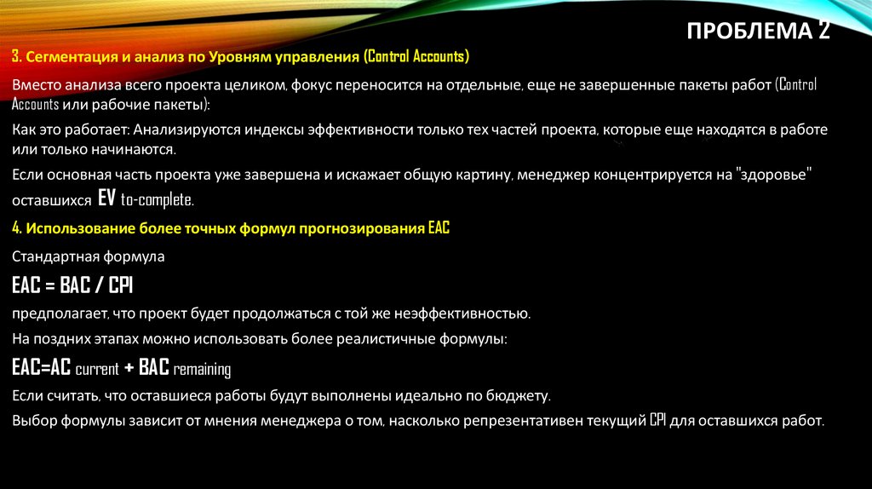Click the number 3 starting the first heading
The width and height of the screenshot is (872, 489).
click(x=15, y=57)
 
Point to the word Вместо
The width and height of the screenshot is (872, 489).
click(x=37, y=85)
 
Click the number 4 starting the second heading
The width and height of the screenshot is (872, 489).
click(x=16, y=230)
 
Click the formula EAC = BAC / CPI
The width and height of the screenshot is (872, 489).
click(x=72, y=284)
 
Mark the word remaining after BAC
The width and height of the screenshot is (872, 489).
click(x=202, y=370)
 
